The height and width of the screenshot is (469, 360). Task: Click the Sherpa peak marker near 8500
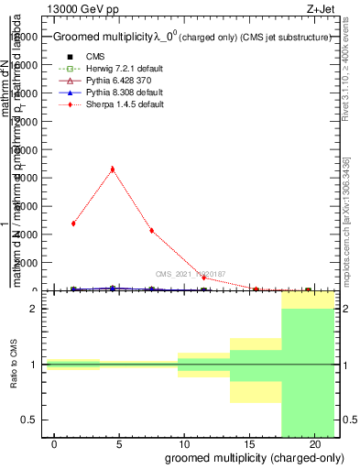click(x=112, y=169)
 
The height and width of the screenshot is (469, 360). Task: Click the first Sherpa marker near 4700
click(x=73, y=224)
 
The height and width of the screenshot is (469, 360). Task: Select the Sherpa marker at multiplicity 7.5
click(x=151, y=231)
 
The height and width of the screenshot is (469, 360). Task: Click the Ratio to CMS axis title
click(x=16, y=365)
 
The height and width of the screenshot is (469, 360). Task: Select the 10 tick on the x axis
click(x=184, y=443)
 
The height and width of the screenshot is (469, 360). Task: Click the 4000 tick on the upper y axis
click(x=27, y=234)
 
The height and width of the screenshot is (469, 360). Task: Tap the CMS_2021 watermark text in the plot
click(x=191, y=274)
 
